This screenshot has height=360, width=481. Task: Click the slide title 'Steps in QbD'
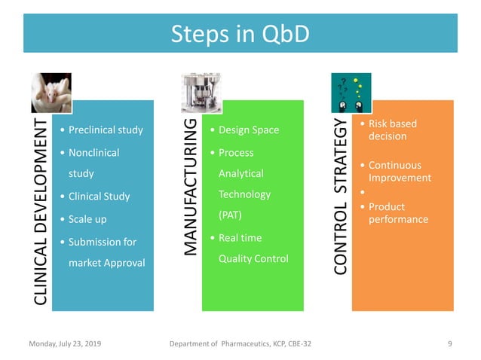pyautogui.click(x=240, y=34)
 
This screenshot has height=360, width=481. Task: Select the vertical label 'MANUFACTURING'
pyautogui.click(x=191, y=185)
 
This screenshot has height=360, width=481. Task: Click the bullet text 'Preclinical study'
pyautogui.click(x=105, y=130)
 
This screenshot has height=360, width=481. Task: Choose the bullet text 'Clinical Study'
pyautogui.click(x=99, y=197)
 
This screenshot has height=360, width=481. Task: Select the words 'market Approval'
pyautogui.click(x=106, y=263)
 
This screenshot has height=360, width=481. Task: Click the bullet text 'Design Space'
pyautogui.click(x=248, y=130)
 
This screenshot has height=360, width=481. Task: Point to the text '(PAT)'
pyautogui.click(x=231, y=215)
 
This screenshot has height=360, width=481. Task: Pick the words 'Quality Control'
pyautogui.click(x=253, y=259)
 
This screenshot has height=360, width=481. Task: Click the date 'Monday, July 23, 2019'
pyautogui.click(x=65, y=344)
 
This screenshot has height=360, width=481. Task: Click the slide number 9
pyautogui.click(x=449, y=344)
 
